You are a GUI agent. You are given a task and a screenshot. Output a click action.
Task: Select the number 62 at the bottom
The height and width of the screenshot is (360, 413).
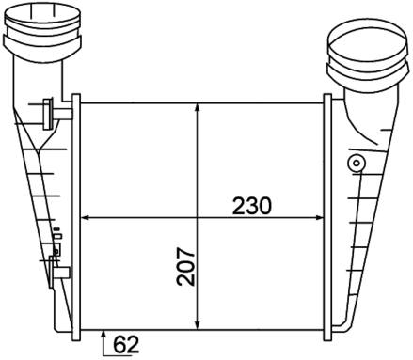[x=124, y=345]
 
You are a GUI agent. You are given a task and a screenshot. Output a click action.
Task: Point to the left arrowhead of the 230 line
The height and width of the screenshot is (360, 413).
[x=87, y=217]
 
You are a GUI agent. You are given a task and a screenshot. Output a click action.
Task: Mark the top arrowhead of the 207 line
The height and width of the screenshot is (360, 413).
[x=197, y=106]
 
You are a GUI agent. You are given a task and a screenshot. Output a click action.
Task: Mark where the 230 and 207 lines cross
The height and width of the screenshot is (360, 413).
[x=197, y=217]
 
